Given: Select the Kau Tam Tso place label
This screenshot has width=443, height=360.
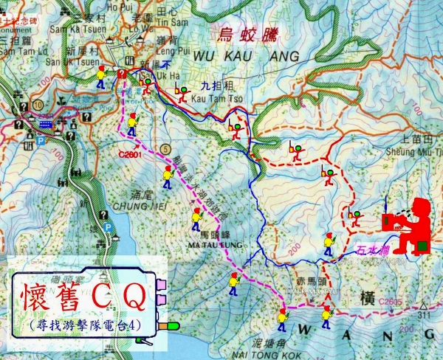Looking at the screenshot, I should (210, 98).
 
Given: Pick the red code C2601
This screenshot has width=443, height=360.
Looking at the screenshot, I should (129, 154).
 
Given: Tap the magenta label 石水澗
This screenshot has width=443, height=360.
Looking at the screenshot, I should (371, 250).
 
